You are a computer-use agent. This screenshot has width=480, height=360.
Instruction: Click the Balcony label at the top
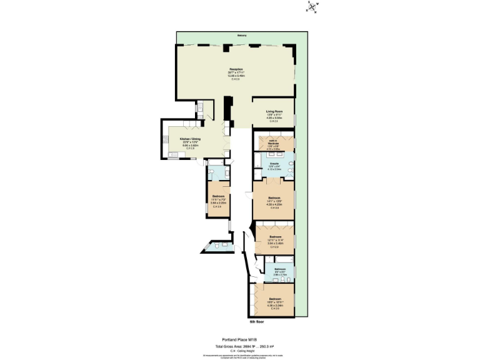(241, 36)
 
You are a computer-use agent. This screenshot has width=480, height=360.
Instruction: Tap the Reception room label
(236, 69)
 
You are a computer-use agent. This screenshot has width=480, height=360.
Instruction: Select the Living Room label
(274, 111)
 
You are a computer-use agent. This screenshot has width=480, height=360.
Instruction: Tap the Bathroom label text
(279, 269)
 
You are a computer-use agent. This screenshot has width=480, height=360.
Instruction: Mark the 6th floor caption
(257, 321)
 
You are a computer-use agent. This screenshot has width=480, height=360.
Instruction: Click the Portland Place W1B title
(240, 341)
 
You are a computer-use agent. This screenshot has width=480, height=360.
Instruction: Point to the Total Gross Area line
(240, 346)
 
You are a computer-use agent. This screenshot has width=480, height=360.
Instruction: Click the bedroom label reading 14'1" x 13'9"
(273, 200)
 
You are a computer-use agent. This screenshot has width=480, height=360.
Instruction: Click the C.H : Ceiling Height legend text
(240, 351)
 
